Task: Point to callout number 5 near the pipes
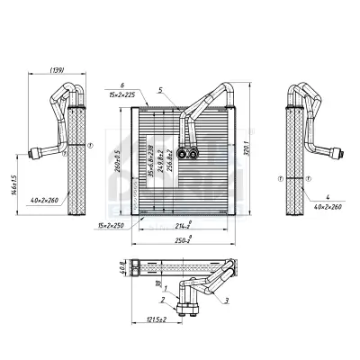click(159, 90)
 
